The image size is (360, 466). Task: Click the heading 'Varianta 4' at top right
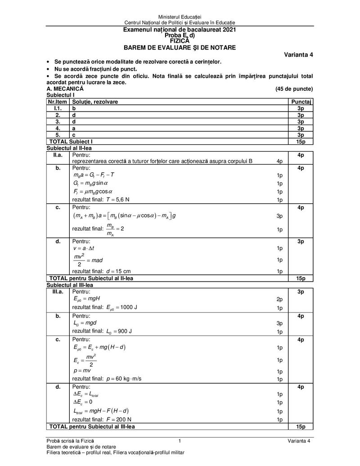coord(298,55)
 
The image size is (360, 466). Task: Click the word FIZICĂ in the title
coord(180,41)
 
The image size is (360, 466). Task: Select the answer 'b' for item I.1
coord(74,109)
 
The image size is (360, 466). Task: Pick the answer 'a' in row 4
coord(74,128)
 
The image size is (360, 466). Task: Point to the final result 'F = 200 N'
coord(119,420)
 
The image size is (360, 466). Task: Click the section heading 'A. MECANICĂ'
coord(65,89)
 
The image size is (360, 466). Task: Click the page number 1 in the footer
coord(180,440)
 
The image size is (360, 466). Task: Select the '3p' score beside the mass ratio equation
coord(279,216)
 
